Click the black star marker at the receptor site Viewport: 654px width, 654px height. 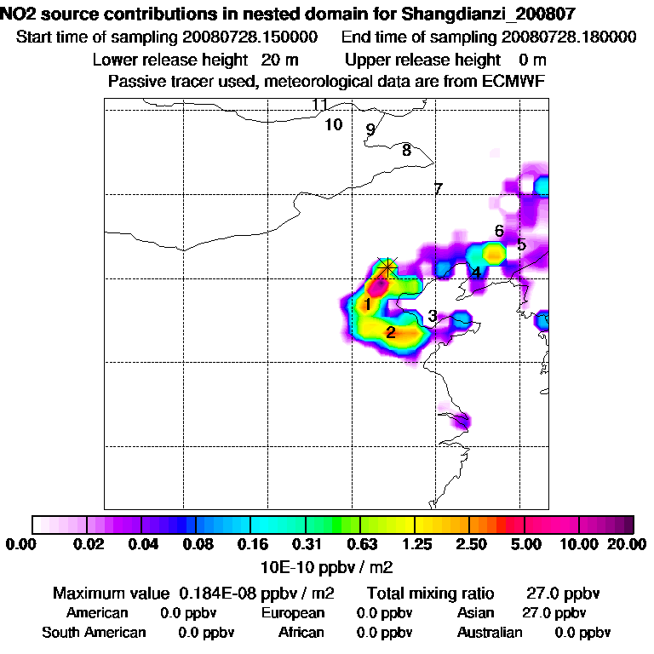[387, 267]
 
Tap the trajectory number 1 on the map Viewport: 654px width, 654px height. [367, 305]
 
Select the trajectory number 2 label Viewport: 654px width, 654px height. [390, 332]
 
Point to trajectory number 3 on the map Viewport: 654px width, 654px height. [433, 316]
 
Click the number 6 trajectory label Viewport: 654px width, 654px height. [499, 231]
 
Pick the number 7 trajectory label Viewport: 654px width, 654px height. [439, 189]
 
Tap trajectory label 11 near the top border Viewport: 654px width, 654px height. [319, 105]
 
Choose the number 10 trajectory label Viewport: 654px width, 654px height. [334, 124]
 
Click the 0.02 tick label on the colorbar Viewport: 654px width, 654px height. [89, 544]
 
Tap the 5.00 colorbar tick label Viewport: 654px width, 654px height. [525, 544]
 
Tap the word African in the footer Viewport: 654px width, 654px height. [301, 633]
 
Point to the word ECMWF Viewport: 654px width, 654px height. [514, 81]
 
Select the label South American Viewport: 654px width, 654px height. [94, 633]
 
